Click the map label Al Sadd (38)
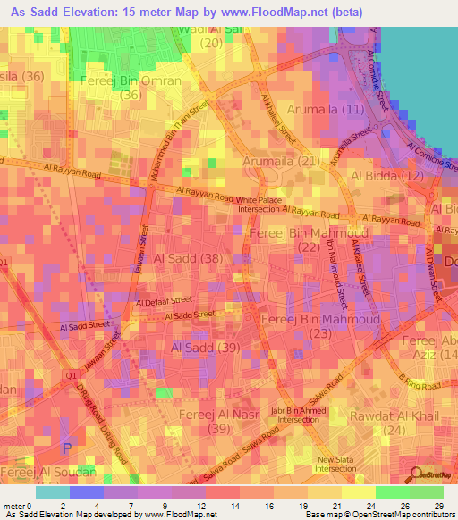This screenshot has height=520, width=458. pyautogui.click(x=189, y=258)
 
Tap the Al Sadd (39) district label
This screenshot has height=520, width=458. pyautogui.click(x=205, y=347)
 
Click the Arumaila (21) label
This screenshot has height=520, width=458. pyautogui.click(x=282, y=161)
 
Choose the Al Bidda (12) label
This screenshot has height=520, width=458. pyautogui.click(x=387, y=177)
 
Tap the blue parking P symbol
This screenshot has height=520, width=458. pyautogui.click(x=64, y=447)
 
